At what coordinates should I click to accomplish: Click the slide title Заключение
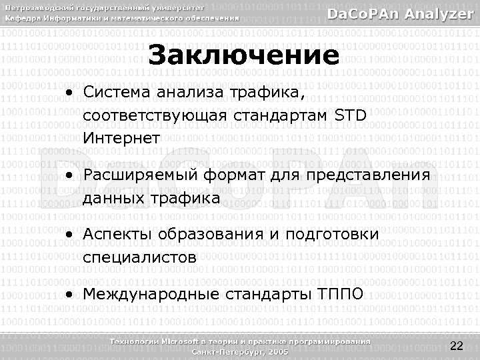243,55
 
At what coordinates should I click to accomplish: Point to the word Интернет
122,139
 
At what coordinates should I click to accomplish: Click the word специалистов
140,258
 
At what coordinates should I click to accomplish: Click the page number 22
457,345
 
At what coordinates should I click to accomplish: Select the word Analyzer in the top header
440,14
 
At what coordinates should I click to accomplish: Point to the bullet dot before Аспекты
69,235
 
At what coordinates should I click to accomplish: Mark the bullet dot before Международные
69,295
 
